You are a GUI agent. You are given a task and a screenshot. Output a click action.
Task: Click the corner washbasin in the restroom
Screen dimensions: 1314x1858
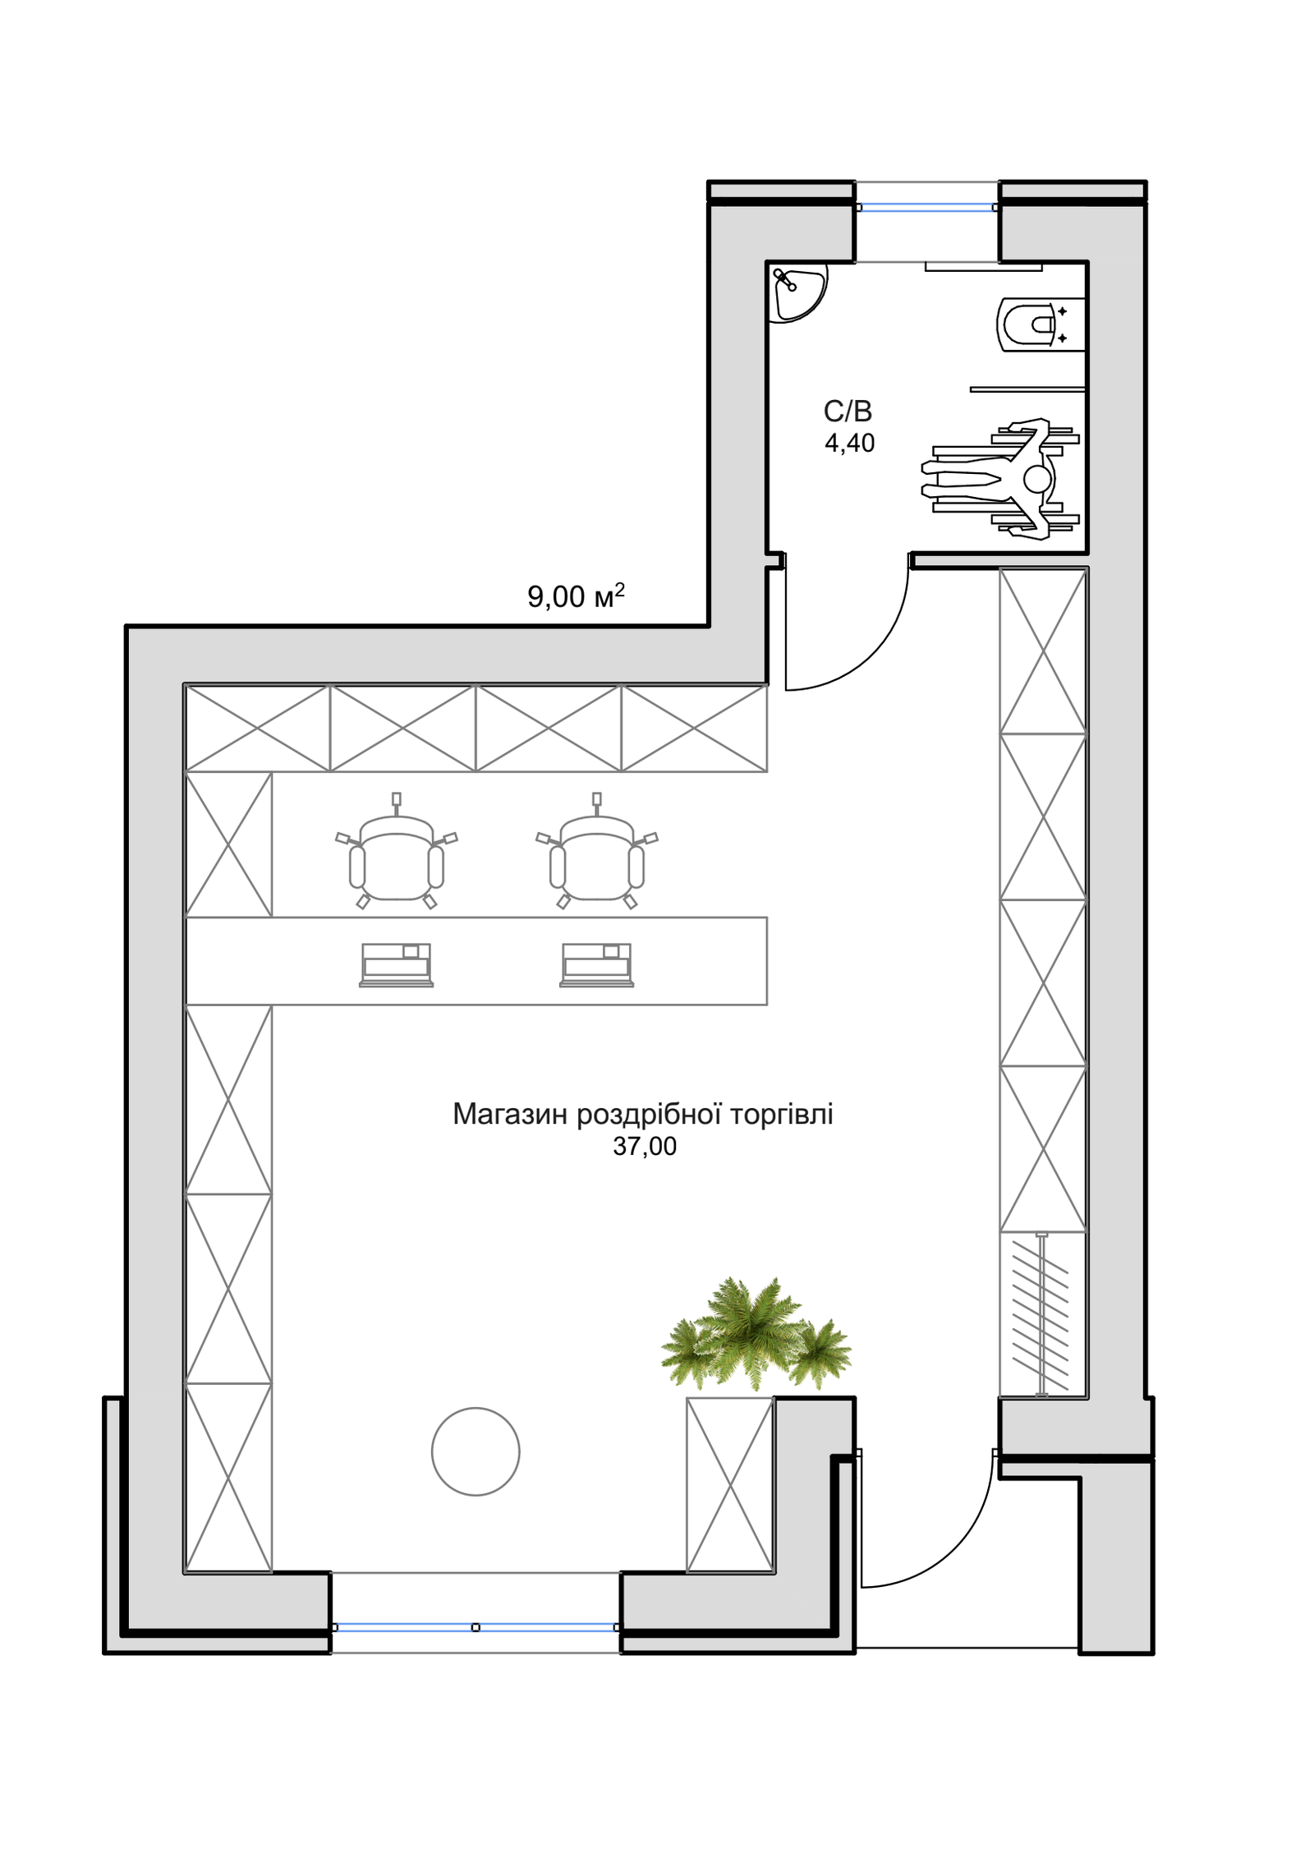coord(797,291)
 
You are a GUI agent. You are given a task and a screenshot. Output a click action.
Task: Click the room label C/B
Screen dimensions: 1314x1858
coord(848,411)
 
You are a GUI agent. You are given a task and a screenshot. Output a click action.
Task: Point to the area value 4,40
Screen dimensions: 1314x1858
coord(849,443)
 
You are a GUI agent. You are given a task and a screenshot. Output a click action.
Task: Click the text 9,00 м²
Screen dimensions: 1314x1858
coord(576,596)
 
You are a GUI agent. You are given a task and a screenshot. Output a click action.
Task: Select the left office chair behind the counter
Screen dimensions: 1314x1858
coord(397,852)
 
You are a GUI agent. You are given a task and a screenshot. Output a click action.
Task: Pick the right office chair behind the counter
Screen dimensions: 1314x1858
coord(597,852)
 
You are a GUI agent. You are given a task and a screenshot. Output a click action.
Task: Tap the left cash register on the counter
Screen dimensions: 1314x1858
coord(397,965)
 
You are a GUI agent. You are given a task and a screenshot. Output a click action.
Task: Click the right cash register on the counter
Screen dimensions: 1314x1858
coord(597,965)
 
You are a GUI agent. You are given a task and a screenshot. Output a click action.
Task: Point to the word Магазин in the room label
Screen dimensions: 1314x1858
coord(510,1114)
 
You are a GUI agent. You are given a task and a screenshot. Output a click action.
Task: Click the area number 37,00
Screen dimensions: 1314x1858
coord(645,1147)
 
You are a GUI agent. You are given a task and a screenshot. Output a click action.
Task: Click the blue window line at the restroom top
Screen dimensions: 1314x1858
coord(927,207)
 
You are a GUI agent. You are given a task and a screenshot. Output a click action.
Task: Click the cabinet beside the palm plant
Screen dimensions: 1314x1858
coord(730,1485)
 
